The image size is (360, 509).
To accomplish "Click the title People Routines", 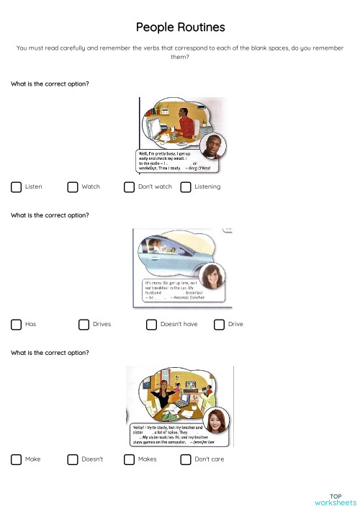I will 180,27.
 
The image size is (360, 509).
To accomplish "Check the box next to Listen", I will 16,187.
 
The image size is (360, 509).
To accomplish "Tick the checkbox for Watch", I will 73,187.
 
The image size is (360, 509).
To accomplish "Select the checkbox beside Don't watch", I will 129,187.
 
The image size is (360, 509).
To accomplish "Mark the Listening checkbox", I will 186,187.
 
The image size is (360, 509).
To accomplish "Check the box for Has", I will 16,324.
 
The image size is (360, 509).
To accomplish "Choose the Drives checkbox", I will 84,324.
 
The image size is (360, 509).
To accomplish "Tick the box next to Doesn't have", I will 151,324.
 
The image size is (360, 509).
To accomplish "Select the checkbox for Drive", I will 219,324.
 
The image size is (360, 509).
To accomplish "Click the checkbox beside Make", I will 16,459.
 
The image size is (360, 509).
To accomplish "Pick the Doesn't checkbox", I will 73,459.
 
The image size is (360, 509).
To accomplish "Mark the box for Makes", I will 129,459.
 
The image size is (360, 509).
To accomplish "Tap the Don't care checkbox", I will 186,459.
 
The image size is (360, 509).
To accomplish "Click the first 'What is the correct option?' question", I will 50,84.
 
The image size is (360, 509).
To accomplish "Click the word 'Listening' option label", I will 207,187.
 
